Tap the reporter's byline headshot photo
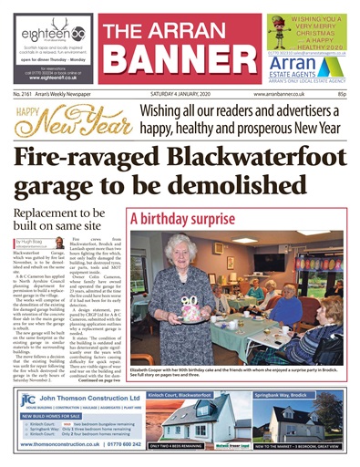(x=19, y=244)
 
